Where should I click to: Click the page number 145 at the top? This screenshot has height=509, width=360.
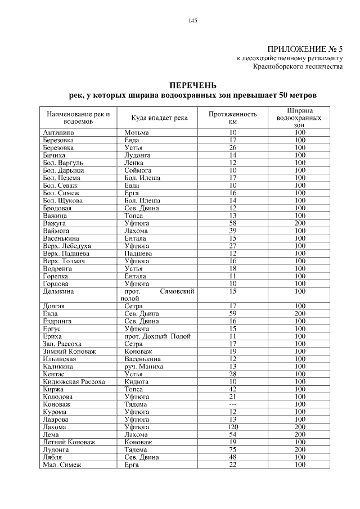point(192,21)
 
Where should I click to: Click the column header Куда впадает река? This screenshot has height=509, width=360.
point(159,117)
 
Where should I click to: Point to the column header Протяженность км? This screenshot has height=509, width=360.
point(232,117)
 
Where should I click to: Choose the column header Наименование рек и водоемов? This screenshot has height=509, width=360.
point(78,117)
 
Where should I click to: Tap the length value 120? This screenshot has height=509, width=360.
point(232,427)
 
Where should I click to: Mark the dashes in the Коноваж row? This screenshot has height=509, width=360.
point(232,404)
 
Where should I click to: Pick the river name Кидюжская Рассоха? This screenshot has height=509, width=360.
point(74,381)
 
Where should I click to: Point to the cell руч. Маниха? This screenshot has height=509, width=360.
point(143,366)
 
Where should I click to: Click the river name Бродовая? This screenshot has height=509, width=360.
point(58,208)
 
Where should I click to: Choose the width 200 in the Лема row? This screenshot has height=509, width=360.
point(299,435)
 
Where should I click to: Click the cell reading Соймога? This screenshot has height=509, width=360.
point(138,170)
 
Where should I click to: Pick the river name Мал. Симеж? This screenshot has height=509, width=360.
point(62,465)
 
